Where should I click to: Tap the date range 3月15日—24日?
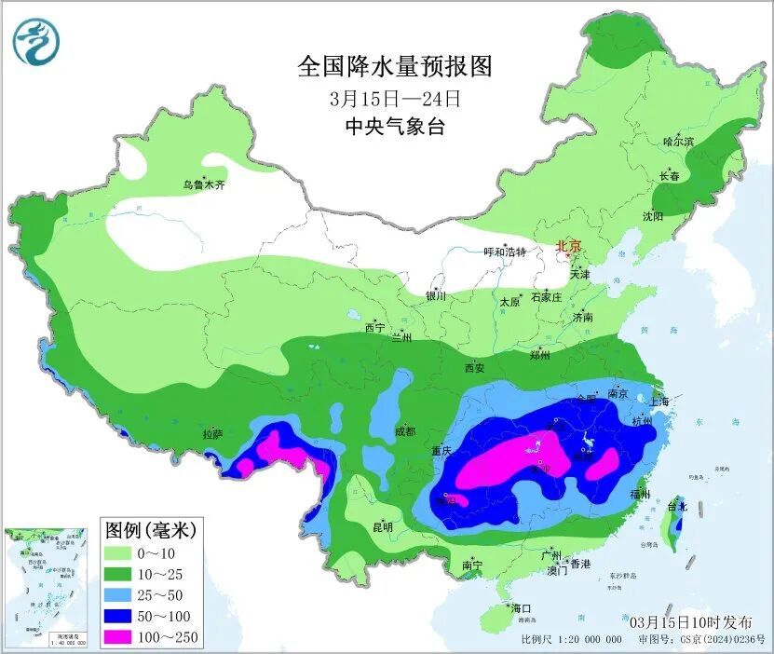click(x=394, y=98)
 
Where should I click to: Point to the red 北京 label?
click(x=568, y=246)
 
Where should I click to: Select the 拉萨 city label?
click(x=212, y=434)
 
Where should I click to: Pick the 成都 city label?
click(x=404, y=431)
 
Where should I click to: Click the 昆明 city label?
click(x=382, y=526)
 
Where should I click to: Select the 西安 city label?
click(x=473, y=368)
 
